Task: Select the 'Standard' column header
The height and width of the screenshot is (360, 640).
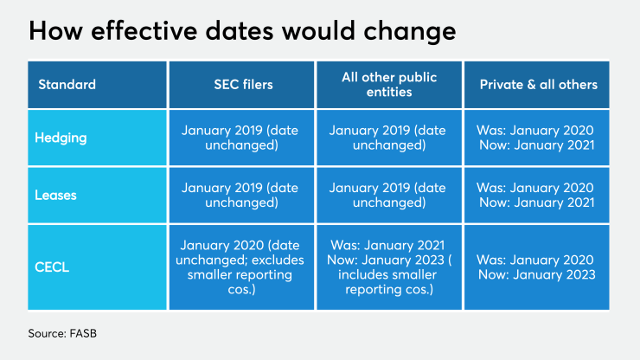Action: pyautogui.click(x=67, y=85)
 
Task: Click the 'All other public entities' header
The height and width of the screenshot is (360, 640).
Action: pyautogui.click(x=388, y=85)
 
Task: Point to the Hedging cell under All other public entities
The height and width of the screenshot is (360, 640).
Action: pyautogui.click(x=388, y=138)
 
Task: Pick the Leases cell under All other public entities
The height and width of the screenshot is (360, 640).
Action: pyautogui.click(x=388, y=195)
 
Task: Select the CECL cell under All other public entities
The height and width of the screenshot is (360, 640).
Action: pyautogui.click(x=388, y=267)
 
